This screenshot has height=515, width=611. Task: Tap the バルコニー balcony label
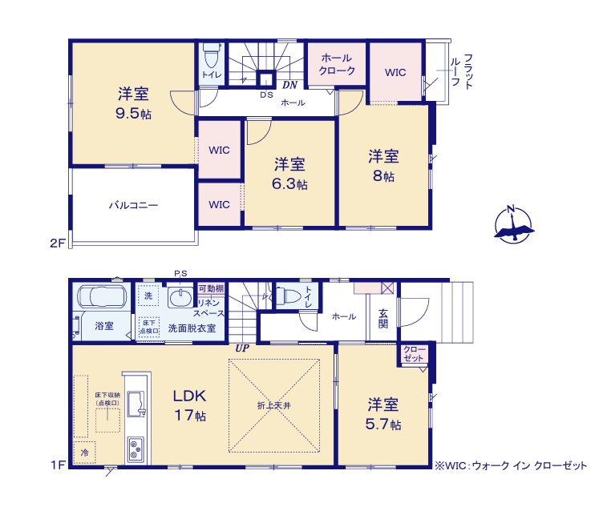134,205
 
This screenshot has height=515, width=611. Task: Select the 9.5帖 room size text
133,114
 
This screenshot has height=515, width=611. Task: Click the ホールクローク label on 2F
337,65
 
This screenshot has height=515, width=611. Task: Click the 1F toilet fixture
290,297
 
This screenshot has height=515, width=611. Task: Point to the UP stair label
241,348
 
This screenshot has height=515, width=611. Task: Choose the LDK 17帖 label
190,405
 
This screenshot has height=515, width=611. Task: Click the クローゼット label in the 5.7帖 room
415,355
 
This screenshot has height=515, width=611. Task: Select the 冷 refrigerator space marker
83,453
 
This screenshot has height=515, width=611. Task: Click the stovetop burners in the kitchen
135,449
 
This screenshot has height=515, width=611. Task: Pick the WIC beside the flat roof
395,72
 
